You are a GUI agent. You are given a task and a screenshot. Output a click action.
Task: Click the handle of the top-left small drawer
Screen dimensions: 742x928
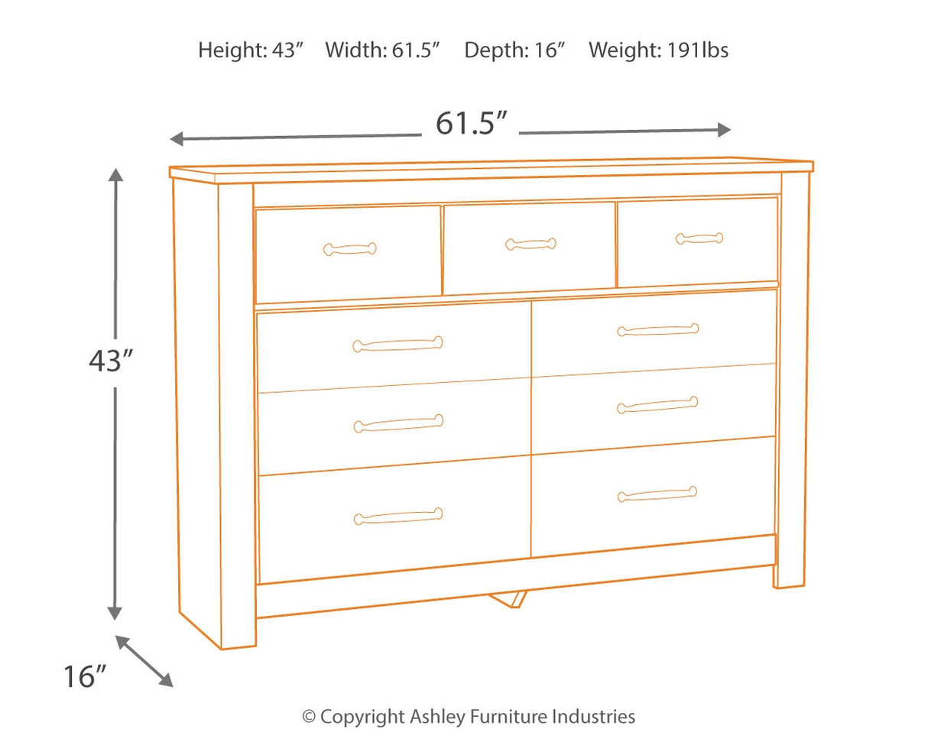350,248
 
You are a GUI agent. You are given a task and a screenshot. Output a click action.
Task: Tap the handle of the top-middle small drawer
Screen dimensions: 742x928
531,245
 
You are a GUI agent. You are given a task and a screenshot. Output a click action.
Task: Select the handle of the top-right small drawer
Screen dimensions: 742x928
699,238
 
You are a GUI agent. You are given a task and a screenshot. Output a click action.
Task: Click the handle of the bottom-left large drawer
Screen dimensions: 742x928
398,517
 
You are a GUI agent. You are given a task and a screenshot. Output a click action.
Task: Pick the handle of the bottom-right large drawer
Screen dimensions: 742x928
657,494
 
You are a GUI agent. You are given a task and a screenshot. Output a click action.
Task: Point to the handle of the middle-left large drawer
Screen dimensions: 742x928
398,423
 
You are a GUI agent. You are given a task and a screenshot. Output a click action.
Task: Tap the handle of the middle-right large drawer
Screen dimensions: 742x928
657,405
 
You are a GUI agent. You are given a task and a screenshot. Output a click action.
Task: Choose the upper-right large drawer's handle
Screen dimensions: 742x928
657,330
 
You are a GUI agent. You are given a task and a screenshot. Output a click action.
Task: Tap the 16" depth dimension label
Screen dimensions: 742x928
83,676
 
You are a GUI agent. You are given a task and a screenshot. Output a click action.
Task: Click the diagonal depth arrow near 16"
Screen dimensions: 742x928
144,660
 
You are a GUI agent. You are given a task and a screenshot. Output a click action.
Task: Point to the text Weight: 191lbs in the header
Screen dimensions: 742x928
658,50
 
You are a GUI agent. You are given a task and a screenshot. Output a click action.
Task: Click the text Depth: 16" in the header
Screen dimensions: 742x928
514,50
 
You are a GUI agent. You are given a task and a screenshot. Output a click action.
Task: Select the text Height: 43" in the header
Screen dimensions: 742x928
251,50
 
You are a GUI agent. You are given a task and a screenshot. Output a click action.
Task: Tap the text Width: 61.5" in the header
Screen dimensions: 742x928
384,50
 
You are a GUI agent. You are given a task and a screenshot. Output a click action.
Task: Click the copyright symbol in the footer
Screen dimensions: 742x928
309,717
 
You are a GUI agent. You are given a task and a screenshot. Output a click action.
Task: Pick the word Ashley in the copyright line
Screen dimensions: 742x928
436,717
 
